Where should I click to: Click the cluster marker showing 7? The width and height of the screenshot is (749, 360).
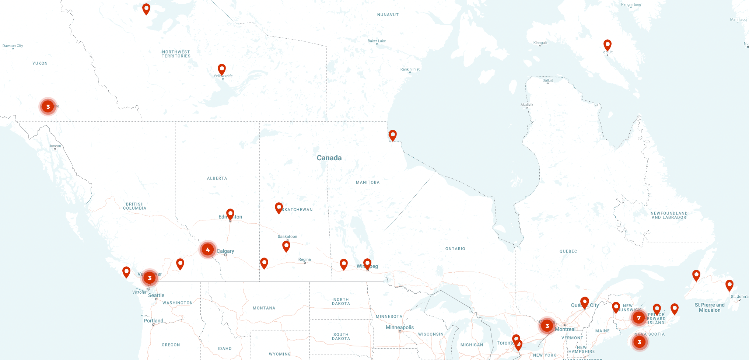pos(639,318)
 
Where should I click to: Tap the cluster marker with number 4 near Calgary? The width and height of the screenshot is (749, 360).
pos(208,249)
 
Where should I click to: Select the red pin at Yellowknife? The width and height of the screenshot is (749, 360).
pos(222,69)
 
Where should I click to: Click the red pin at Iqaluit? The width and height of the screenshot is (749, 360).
pos(608,45)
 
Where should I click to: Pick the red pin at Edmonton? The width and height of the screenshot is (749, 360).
pos(230,214)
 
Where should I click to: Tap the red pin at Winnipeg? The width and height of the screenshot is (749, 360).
pos(367,263)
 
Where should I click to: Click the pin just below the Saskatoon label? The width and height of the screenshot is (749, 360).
pos(286,246)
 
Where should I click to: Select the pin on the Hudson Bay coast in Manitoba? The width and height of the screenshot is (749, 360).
pos(393,135)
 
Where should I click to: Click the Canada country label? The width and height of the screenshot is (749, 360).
pos(329,158)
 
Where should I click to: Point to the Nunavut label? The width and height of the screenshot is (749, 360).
pos(388,15)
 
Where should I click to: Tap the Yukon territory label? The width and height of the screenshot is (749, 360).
pos(40,63)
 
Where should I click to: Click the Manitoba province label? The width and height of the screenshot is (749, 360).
pos(367,182)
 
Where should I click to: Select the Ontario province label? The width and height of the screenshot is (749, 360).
pos(455,249)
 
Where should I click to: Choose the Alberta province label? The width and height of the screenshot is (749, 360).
pos(217,178)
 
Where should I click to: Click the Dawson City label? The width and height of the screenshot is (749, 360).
pos(13,46)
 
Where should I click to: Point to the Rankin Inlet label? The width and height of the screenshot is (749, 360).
pos(410,69)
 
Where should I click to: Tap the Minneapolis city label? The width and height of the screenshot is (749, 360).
pos(400,327)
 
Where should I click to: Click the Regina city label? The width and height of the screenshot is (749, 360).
pos(304,259)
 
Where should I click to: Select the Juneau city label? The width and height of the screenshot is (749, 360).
pos(55,146)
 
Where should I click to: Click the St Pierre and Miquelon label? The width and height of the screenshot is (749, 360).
pos(710,307)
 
